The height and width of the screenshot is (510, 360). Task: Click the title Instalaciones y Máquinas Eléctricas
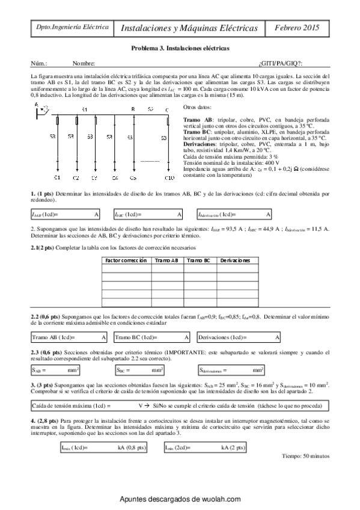tap(189, 28)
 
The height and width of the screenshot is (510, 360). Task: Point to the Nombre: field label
tap(84, 63)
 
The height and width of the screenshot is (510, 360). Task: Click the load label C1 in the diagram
tap(57, 178)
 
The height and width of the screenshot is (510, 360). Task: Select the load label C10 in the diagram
tap(169, 178)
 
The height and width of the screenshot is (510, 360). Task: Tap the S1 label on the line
tap(84, 109)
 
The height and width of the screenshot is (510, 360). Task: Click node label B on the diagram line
tap(133, 109)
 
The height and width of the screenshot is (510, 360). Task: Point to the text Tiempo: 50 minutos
tap(305, 456)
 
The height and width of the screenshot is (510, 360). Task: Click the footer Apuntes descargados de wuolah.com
tap(180, 499)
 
